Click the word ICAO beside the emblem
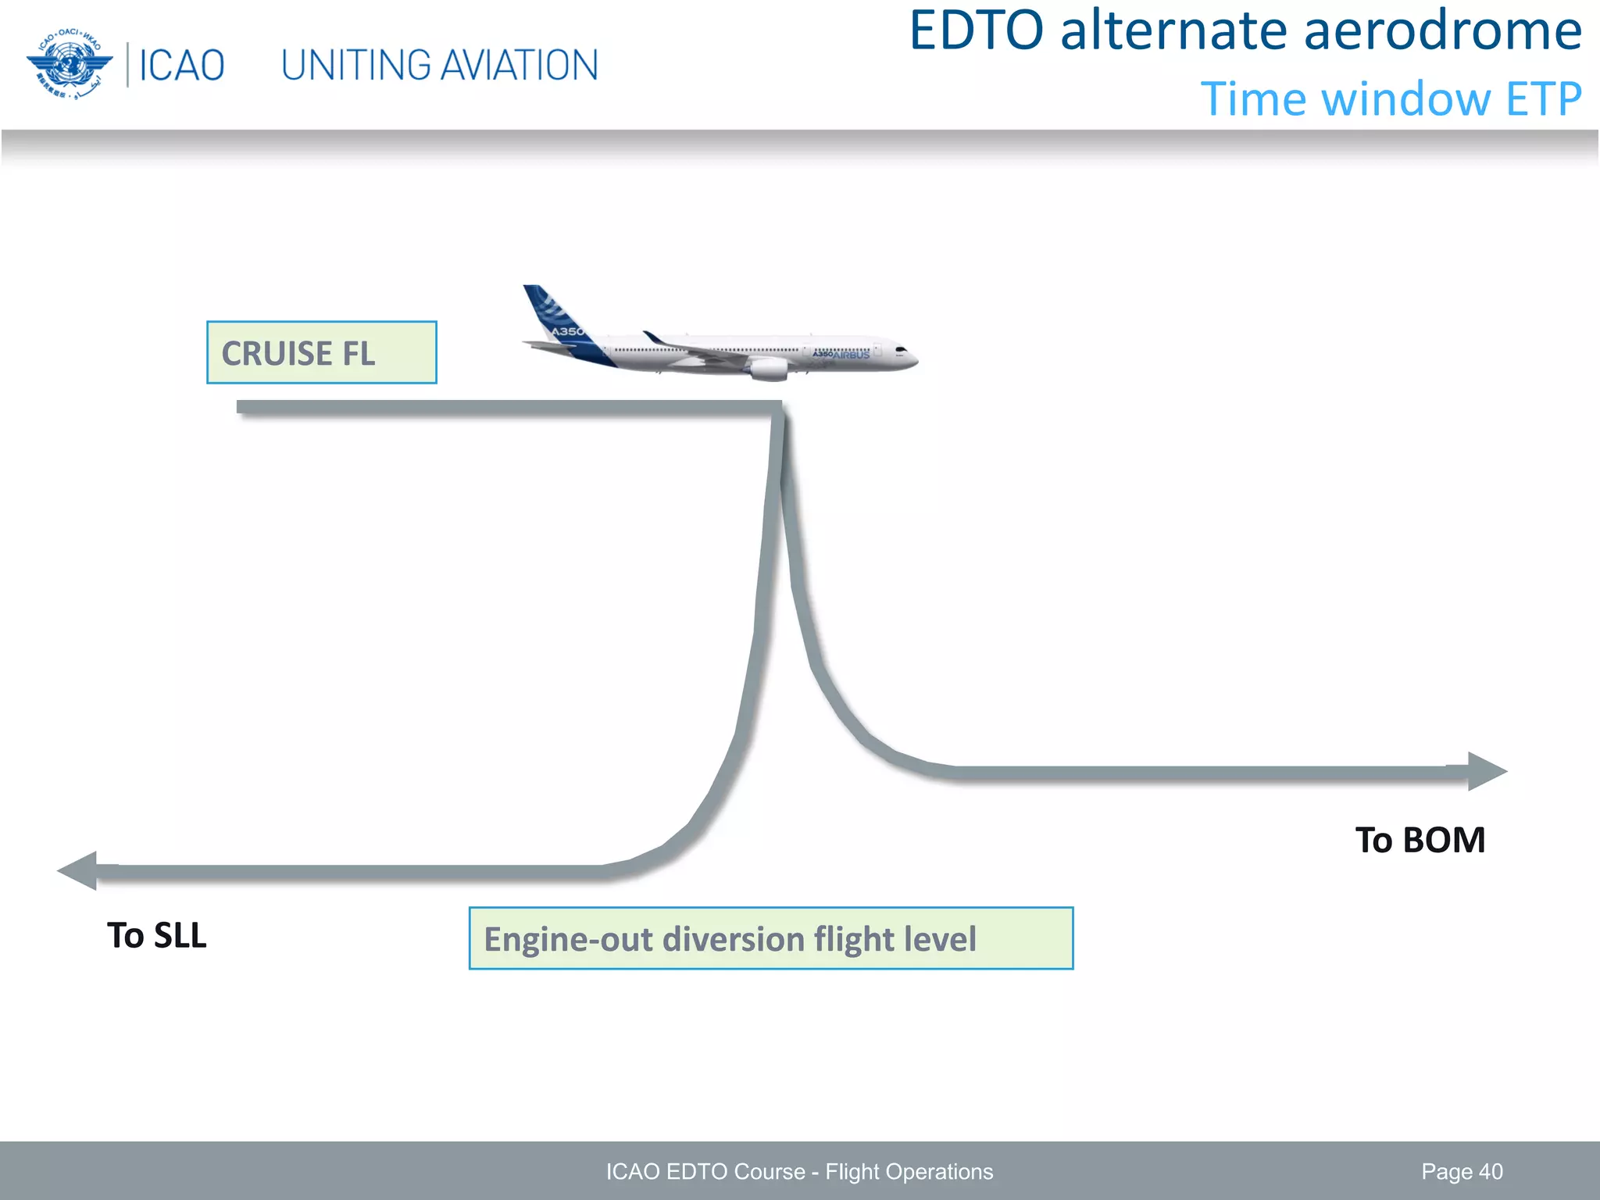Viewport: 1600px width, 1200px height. pos(181,66)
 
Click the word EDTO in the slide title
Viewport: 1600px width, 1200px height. pos(976,31)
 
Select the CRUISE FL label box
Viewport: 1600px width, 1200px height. pos(321,352)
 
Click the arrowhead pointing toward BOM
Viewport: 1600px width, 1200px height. pos(1486,771)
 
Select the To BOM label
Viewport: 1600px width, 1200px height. pos(1420,841)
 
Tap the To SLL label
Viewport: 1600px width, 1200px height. pos(156,936)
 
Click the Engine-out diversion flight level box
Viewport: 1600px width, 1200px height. pos(770,938)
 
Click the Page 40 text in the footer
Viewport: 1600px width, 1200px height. pos(1461,1172)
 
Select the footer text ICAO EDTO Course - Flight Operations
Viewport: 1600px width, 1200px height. pos(799,1172)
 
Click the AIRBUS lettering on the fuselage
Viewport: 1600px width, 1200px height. pos(851,355)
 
